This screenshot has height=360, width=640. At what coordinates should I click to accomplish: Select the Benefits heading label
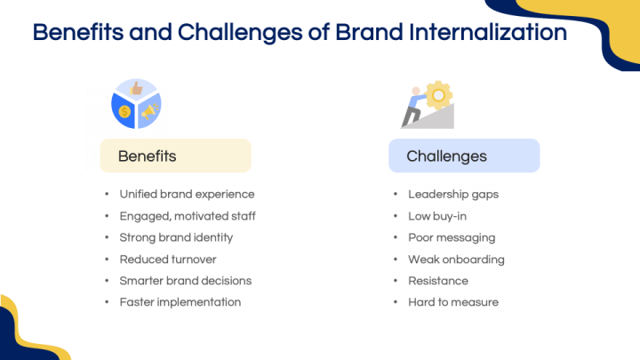148,156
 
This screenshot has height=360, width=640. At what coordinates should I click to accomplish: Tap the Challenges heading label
446,156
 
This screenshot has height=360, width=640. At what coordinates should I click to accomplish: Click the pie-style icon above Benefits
136,104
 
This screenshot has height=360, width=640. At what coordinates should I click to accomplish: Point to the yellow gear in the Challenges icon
438,94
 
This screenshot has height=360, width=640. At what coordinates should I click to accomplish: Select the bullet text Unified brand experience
187,194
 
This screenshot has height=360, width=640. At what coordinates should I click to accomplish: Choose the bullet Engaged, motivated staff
188,215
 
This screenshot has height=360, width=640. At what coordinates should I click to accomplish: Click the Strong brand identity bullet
176,237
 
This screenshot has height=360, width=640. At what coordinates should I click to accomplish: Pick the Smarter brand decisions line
185,280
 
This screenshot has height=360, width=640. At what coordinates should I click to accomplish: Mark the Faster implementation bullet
180,301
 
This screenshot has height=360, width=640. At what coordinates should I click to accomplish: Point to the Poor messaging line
452,237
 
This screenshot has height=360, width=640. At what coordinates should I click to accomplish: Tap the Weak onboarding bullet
456,259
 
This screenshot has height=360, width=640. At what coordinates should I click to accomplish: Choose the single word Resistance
437,280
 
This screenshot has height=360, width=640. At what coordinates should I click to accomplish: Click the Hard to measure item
453,301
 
